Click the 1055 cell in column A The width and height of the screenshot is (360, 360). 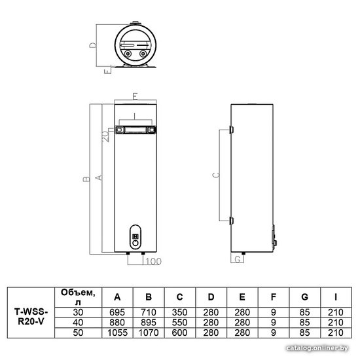(x=117, y=333)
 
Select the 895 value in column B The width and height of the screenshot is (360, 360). (x=149, y=323)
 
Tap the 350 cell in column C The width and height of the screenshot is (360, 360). (x=180, y=312)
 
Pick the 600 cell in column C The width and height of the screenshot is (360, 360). (x=180, y=333)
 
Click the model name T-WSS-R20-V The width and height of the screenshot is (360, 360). (x=31, y=317)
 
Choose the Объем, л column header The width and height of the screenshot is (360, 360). (x=78, y=297)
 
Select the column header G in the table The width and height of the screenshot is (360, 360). (x=304, y=297)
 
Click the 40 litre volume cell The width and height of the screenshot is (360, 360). (x=78, y=323)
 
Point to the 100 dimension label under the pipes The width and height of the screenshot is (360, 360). (x=153, y=261)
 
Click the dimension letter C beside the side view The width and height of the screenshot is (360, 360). (x=216, y=175)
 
